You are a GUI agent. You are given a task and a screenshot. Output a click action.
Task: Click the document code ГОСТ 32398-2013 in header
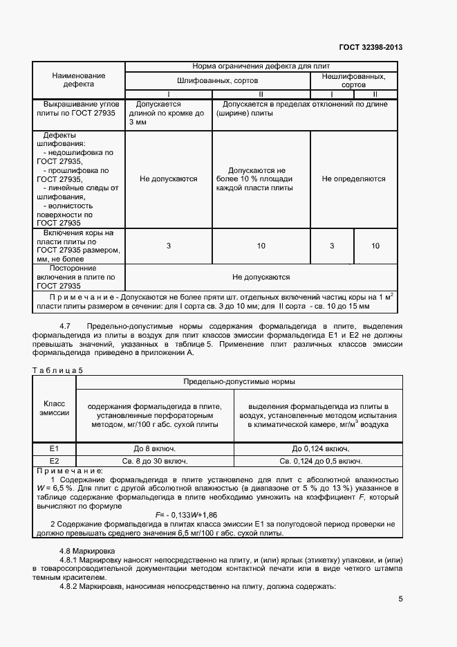371,48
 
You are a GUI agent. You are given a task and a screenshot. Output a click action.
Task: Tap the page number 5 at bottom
400,599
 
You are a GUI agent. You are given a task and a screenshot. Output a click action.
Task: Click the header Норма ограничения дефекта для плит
261,66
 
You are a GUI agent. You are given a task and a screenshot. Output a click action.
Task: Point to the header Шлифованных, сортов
217,80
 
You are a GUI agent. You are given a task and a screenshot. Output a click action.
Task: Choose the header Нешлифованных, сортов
354,80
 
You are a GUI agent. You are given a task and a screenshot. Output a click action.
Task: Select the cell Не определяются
354,179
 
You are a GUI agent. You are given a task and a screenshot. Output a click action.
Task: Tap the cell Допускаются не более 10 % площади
261,179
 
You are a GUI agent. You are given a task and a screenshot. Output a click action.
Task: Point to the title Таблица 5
58,370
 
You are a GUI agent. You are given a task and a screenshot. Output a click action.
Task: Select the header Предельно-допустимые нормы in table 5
239,381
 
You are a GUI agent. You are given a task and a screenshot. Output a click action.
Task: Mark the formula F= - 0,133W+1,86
186,515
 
